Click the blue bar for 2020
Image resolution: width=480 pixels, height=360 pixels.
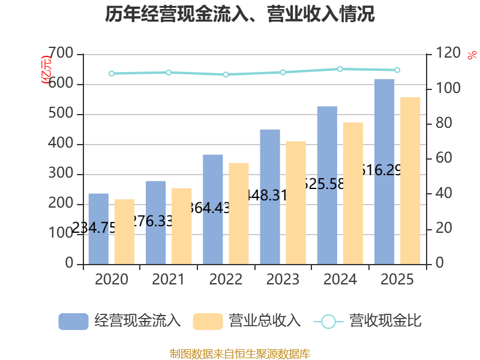point(98,229)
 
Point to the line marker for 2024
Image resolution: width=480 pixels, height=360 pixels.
point(340,69)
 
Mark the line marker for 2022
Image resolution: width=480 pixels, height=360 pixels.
point(226,74)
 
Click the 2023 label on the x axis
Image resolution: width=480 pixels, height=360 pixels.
point(283,279)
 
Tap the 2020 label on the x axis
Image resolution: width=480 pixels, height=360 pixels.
point(111,279)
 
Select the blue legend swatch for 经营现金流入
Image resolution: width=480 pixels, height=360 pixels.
point(73,321)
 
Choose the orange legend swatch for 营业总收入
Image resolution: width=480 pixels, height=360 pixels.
point(208,321)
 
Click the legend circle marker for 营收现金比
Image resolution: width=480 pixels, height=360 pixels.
point(328,321)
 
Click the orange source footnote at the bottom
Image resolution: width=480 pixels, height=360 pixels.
point(240,353)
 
